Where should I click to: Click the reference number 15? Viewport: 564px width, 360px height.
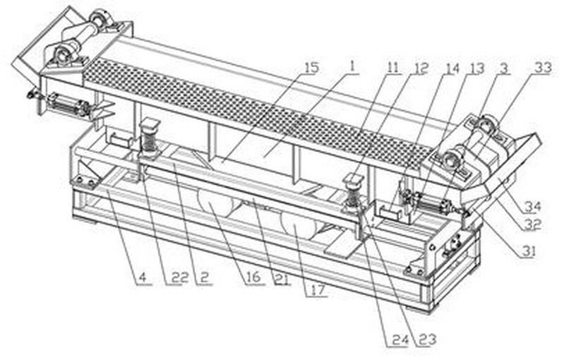point(312,68)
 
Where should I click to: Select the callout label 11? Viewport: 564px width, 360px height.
point(393,68)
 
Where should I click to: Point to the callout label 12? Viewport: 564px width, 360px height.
point(421,68)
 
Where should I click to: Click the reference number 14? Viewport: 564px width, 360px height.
point(452,68)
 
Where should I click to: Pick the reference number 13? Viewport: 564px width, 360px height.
point(478,68)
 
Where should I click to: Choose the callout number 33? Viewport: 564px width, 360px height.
point(544,68)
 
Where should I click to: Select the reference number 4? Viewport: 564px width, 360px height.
point(143,277)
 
